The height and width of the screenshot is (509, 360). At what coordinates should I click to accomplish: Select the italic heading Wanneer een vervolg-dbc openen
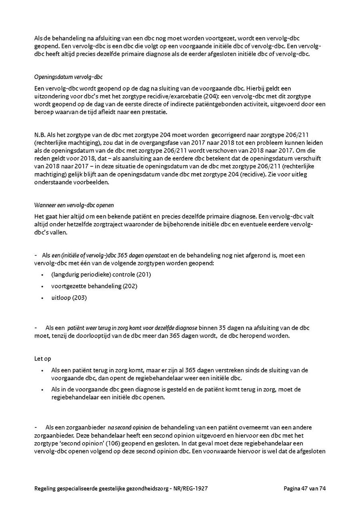click(x=74, y=205)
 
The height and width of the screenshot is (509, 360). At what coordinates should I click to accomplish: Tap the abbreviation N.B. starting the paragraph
click(x=40, y=135)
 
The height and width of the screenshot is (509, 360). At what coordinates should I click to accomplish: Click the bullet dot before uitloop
click(x=42, y=298)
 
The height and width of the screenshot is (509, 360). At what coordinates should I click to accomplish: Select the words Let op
click(x=43, y=359)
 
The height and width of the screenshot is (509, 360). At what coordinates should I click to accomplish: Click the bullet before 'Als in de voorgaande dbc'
click(x=42, y=390)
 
